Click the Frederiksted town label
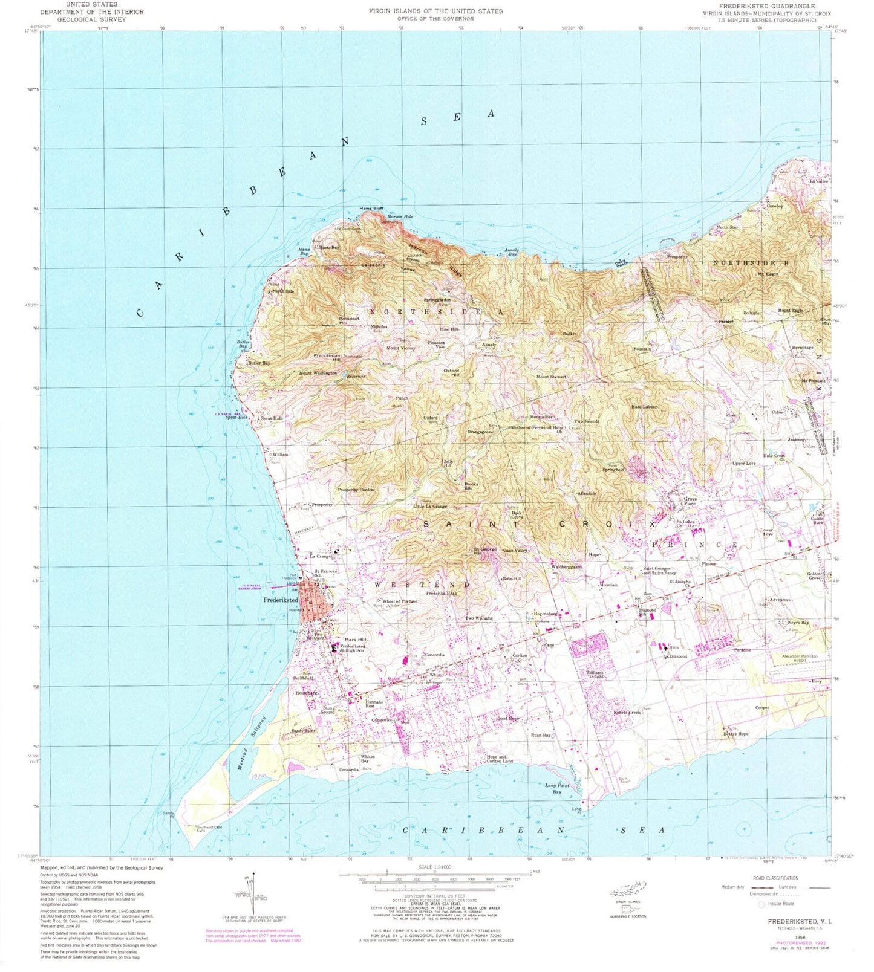tap(281, 600)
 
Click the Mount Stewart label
tap(551, 377)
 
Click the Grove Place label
tap(690, 501)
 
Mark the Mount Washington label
tap(318, 373)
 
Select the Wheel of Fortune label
tap(399, 601)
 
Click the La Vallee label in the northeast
tap(818, 181)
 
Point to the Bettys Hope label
tap(735, 734)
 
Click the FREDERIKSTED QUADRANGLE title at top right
tap(766, 5)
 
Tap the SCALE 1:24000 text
tap(434, 867)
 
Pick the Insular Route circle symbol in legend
tap(761, 904)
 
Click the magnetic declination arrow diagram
tap(251, 895)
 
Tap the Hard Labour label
tap(644, 407)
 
